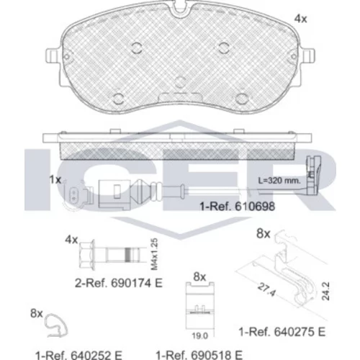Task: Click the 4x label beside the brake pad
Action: click(x=300, y=19)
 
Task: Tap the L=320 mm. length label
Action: click(x=279, y=181)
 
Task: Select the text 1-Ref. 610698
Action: click(x=238, y=207)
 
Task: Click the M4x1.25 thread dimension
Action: click(x=155, y=254)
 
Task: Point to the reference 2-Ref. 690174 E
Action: click(x=119, y=283)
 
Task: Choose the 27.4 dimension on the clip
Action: click(x=266, y=289)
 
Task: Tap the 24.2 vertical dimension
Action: click(x=325, y=292)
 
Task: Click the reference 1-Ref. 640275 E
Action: click(x=282, y=332)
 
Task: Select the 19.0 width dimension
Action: click(x=200, y=336)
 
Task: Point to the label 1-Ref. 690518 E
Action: click(x=199, y=355)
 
